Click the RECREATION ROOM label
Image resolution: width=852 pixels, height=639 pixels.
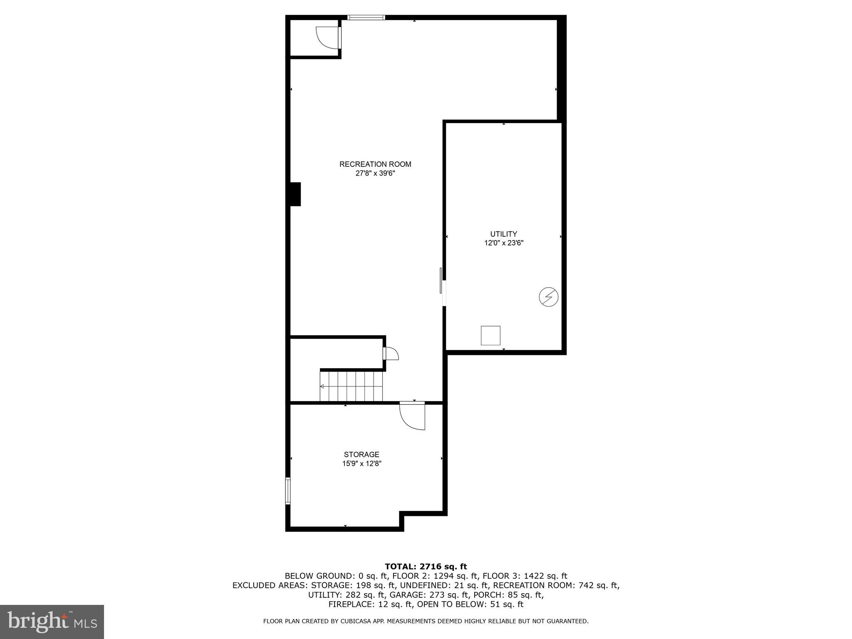[375, 164]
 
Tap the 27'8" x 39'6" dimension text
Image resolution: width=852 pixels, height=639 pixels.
[375, 173]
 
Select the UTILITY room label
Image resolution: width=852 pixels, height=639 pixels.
[503, 234]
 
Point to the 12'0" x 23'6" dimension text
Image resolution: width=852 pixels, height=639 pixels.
[503, 243]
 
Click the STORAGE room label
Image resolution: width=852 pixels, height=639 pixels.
[361, 455]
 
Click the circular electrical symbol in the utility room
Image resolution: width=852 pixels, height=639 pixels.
[548, 297]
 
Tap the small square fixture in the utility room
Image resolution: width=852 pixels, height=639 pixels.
[490, 336]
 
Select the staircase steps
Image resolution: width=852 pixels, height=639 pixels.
[352, 386]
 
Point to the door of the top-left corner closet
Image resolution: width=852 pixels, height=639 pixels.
[328, 37]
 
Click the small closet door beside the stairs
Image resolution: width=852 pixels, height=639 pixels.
[390, 353]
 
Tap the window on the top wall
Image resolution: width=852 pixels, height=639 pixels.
[366, 17]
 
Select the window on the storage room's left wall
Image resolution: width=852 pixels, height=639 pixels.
[287, 491]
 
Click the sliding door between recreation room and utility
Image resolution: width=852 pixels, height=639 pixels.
[442, 287]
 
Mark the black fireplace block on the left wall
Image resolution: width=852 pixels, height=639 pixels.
[295, 194]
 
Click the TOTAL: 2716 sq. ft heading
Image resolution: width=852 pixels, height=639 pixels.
[426, 567]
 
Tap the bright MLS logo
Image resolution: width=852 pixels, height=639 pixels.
[52, 622]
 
